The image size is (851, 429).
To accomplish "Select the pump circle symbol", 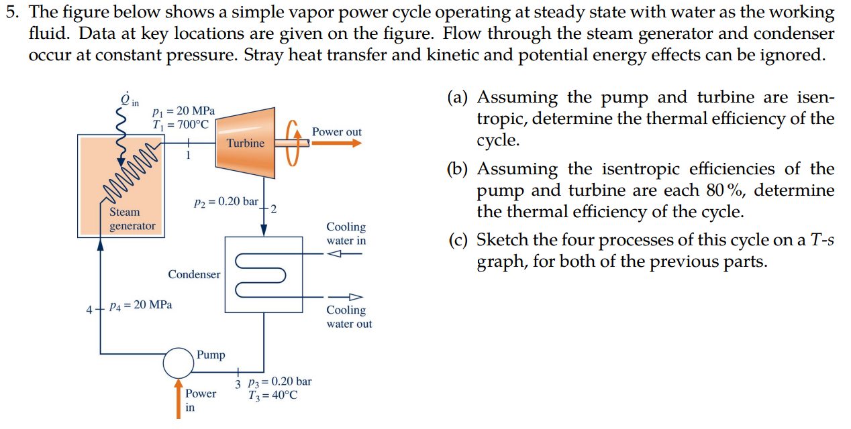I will point(178,363).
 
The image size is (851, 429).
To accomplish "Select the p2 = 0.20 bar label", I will point(226,202).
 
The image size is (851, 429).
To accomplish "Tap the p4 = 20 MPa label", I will point(141,305).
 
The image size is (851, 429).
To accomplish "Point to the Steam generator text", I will point(132,219).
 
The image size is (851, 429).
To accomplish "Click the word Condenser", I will point(194,274).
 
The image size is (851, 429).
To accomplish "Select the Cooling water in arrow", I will point(344,254).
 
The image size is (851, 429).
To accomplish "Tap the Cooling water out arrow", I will point(344,297).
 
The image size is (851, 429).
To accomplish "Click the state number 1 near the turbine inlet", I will point(189,155).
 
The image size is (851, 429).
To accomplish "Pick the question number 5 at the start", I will point(9,12).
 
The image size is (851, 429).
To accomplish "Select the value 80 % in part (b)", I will point(725,190).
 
